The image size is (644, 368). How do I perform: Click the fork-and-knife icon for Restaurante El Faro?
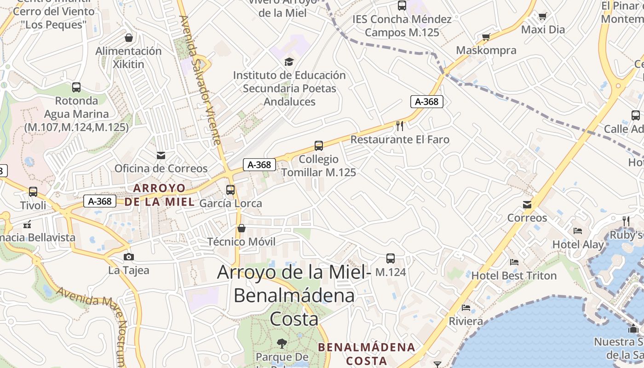400,126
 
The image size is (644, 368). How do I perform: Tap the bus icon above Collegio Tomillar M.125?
318,146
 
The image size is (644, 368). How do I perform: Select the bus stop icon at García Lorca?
230,190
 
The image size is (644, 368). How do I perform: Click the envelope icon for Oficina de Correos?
161,155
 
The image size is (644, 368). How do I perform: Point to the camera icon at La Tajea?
129,257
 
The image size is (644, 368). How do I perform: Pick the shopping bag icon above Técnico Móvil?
241,228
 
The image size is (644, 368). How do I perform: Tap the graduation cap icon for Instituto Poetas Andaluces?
289,62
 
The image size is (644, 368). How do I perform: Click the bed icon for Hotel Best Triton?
514,262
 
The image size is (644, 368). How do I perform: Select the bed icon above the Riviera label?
466,307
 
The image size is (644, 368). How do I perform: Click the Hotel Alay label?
578,244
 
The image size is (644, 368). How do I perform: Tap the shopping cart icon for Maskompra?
486,37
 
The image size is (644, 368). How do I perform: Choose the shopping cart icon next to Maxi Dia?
542,17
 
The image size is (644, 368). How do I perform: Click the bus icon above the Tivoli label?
33,191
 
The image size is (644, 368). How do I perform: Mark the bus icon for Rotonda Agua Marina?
76,87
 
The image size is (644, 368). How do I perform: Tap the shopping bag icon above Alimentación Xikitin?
129,37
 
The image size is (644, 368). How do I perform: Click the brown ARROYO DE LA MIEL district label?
160,195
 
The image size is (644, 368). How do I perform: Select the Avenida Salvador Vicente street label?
201,80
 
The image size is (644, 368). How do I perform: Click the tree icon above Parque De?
282,343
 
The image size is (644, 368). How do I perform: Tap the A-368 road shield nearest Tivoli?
100,201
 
